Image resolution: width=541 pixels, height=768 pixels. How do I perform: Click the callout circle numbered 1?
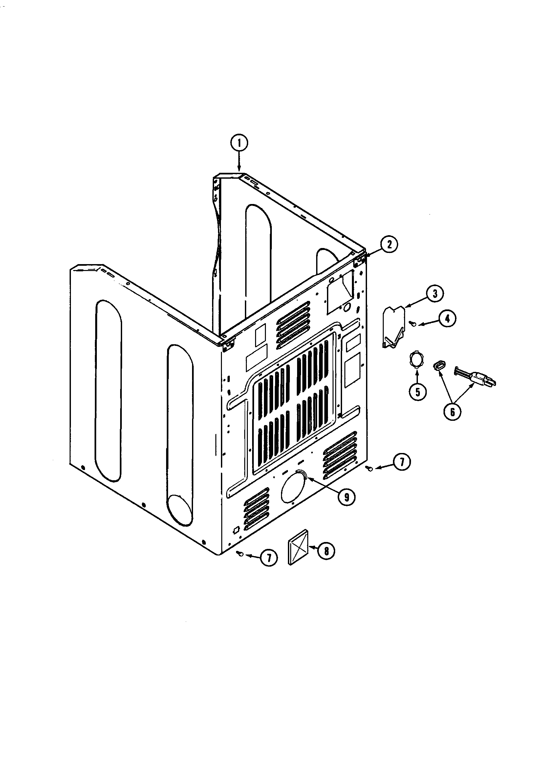[x=239, y=143]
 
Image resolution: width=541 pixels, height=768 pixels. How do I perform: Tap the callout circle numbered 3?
[x=435, y=294]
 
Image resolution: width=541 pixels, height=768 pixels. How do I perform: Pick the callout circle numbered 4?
[x=447, y=319]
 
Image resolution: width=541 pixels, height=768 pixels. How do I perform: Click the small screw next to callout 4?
[x=413, y=323]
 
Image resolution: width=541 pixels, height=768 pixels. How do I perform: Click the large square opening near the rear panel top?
[x=340, y=288]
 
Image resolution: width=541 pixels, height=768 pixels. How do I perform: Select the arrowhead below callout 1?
[x=239, y=169]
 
